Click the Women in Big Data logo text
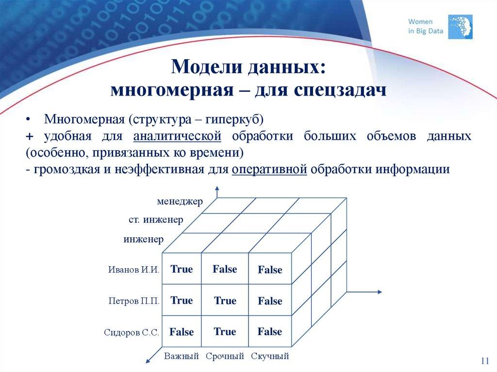420,26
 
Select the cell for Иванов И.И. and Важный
182,269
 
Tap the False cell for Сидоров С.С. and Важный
182,332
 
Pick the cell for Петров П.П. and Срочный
225,301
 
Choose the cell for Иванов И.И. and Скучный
270,270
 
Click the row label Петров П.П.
133,301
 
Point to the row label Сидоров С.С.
132,333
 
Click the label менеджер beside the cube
180,201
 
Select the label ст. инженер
156,220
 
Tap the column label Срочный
225,356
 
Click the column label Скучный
270,356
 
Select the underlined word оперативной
269,169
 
